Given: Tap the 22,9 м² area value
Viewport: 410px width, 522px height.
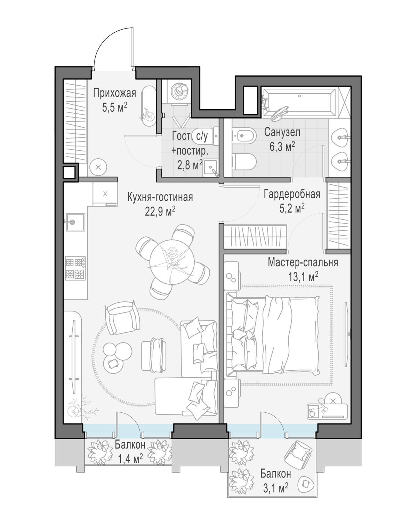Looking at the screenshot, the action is [160, 212].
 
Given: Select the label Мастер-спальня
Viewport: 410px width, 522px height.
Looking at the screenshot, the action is [303, 262].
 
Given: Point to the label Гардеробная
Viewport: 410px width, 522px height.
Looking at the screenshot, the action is [292, 194].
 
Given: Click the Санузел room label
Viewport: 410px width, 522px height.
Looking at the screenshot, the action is [282, 132].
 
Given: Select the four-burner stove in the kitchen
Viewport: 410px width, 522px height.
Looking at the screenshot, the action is [75, 268].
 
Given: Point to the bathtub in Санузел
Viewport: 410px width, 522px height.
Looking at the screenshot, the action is [299, 103].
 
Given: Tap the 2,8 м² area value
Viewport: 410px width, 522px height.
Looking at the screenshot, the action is [190, 165].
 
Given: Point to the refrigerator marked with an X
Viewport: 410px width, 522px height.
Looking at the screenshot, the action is [105, 194].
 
